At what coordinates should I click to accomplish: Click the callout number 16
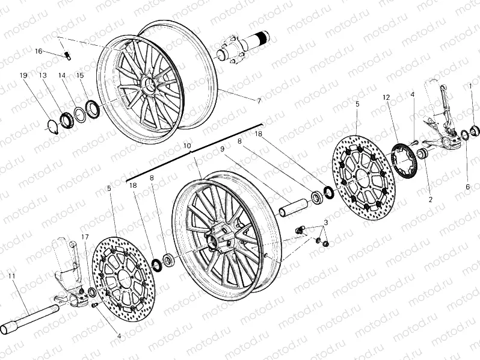click(x=38, y=52)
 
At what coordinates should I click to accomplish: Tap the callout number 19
click(x=23, y=75)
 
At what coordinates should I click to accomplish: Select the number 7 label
click(x=259, y=101)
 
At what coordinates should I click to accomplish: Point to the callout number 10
click(x=187, y=146)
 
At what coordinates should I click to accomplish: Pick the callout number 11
click(x=11, y=276)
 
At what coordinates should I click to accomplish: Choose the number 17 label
click(x=85, y=237)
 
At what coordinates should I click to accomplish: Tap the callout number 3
click(x=325, y=223)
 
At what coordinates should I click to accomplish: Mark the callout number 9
click(x=222, y=149)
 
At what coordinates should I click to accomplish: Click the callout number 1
click(x=471, y=86)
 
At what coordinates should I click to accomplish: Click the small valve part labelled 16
click(x=68, y=56)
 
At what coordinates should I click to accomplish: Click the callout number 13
click(x=43, y=75)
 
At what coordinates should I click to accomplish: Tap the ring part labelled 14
click(x=78, y=113)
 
